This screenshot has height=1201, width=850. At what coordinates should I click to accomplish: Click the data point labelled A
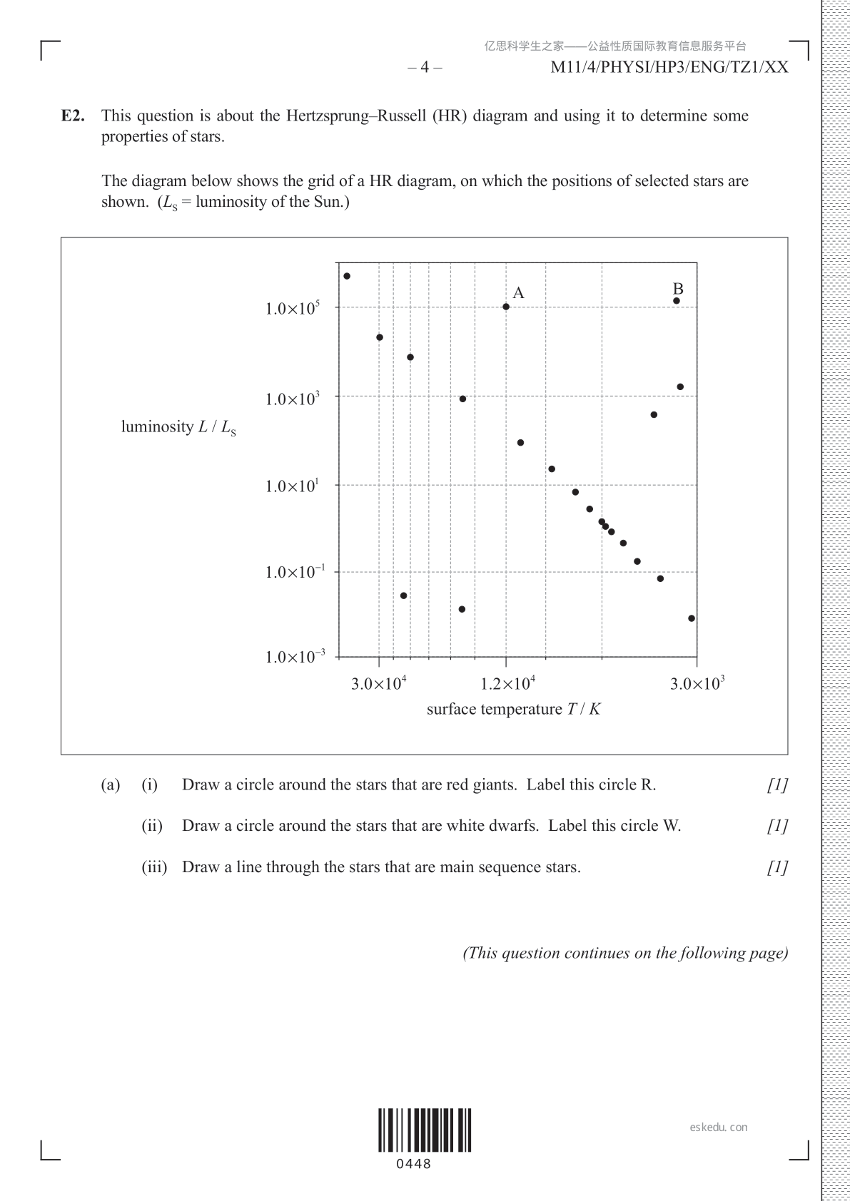pyautogui.click(x=506, y=307)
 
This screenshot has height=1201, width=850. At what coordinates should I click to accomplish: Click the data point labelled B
pyautogui.click(x=677, y=301)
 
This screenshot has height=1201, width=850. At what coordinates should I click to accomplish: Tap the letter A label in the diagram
pyautogui.click(x=519, y=293)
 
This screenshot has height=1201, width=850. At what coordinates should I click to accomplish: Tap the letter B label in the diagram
pyautogui.click(x=678, y=289)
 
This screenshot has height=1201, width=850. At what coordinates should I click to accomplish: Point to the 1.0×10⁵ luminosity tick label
pyautogui.click(x=293, y=309)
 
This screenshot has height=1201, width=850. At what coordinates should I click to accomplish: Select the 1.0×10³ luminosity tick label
pyautogui.click(x=293, y=399)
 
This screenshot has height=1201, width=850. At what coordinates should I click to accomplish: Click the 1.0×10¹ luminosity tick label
pyautogui.click(x=293, y=486)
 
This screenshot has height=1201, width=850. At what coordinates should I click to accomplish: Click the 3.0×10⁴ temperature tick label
pyautogui.click(x=378, y=683)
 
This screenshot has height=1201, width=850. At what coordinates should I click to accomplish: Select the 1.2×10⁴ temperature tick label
pyautogui.click(x=507, y=683)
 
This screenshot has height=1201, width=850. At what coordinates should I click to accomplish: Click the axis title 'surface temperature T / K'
pyautogui.click(x=514, y=710)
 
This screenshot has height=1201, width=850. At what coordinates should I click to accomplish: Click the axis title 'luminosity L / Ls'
pyautogui.click(x=178, y=427)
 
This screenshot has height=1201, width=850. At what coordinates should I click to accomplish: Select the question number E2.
pyautogui.click(x=73, y=116)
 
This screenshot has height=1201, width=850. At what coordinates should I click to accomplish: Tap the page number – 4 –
pyautogui.click(x=425, y=68)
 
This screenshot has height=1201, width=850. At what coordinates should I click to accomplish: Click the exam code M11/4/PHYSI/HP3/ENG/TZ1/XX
pyautogui.click(x=669, y=68)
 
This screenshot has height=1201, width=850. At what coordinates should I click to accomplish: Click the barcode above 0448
pyautogui.click(x=425, y=1130)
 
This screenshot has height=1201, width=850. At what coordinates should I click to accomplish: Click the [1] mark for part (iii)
pyautogui.click(x=777, y=867)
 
